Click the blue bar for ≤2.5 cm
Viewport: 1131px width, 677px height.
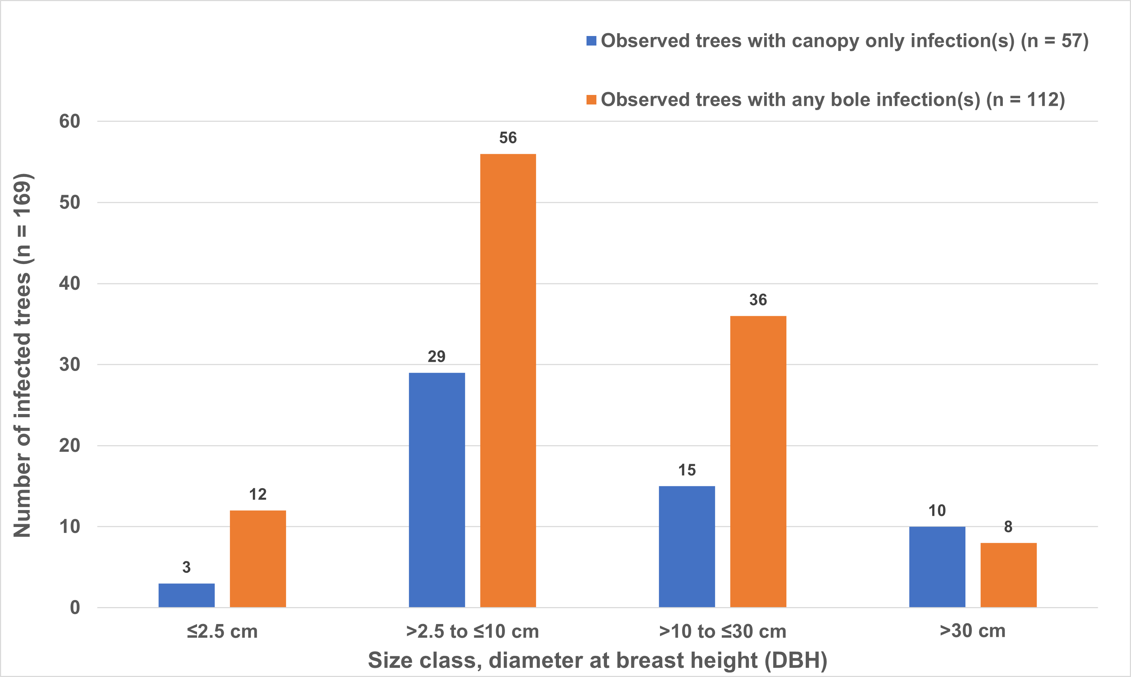186,595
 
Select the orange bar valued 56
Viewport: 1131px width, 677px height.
508,381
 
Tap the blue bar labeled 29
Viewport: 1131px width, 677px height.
436,490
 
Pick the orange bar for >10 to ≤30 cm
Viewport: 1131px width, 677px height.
758,461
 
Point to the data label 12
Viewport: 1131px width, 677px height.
258,495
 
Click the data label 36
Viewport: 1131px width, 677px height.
758,300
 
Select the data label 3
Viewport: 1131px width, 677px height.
186,568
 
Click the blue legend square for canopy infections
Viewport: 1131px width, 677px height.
591,41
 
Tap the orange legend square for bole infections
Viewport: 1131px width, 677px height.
591,100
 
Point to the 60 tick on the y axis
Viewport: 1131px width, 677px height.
69,121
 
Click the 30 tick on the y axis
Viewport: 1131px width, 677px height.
69,365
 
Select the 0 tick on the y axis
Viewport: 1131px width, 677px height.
75,608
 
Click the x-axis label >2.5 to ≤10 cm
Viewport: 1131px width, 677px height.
472,632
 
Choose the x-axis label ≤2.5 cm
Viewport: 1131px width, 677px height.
222,632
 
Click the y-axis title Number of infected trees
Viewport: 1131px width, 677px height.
22,356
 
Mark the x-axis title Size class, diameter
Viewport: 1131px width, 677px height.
598,660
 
